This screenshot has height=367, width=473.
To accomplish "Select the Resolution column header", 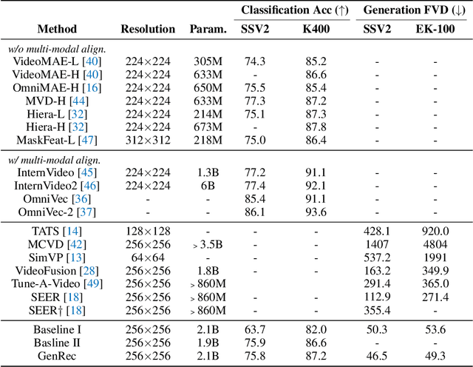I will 149,30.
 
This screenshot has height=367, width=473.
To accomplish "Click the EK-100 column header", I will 435,30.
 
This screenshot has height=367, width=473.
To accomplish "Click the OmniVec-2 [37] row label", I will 52,212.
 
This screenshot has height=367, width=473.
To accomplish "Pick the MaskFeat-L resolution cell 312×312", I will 149,140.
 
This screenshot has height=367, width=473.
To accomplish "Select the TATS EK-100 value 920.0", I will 435,232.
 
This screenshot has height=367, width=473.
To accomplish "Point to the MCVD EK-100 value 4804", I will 435,245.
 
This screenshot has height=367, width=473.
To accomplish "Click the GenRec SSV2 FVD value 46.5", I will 377,356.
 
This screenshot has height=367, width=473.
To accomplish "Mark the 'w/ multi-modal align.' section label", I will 48,160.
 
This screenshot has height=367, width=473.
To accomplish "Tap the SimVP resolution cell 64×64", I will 149,257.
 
